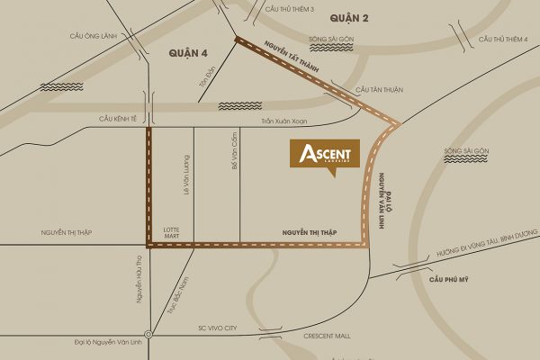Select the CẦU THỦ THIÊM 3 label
(x=290, y=7)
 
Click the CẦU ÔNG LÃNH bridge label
(x=88, y=36)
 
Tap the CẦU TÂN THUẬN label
(x=375, y=90)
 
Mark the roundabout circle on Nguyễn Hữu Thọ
(x=148, y=336)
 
